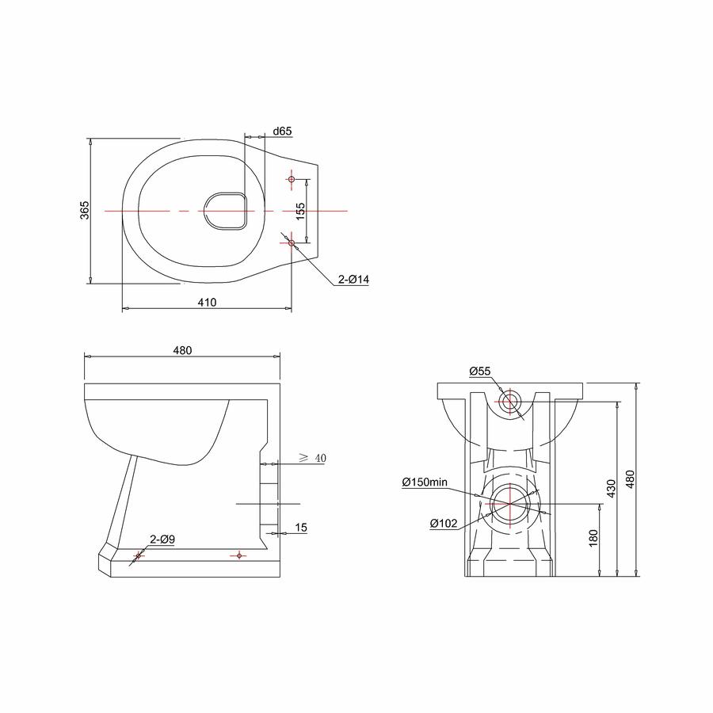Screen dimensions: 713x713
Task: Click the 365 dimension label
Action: (x=85, y=210)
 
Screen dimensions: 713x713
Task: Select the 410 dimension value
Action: (x=208, y=302)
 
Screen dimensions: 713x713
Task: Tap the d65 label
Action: (x=282, y=131)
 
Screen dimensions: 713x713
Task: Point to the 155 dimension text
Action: (x=300, y=212)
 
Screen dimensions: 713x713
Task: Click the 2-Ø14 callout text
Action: (x=353, y=279)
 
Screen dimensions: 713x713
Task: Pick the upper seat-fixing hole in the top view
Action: (x=292, y=179)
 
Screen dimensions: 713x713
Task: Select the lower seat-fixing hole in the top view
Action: (x=292, y=243)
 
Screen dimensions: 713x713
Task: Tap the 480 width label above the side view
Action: (x=182, y=350)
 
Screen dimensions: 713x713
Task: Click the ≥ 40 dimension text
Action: (x=312, y=458)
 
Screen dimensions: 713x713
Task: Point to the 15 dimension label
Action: (x=301, y=528)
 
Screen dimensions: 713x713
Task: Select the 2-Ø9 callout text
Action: (x=162, y=540)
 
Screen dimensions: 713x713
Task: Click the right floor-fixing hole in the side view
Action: (x=239, y=555)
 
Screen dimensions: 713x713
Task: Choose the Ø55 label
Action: (x=480, y=371)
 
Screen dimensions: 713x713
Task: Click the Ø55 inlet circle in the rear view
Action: (x=510, y=401)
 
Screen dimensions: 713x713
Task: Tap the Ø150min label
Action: (x=425, y=482)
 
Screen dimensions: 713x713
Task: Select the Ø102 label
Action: (x=444, y=524)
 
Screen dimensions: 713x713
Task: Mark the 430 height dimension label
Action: (x=611, y=489)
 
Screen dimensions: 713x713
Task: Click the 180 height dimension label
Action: (x=593, y=539)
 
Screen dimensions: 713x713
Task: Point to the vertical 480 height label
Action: (x=631, y=479)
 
